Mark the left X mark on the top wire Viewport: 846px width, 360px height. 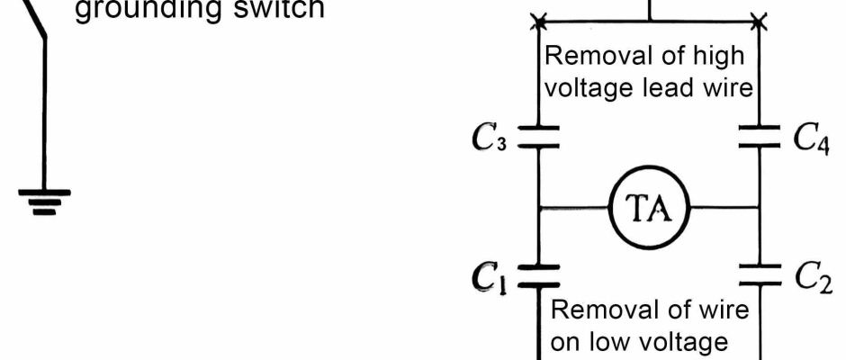pos(538,19)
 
